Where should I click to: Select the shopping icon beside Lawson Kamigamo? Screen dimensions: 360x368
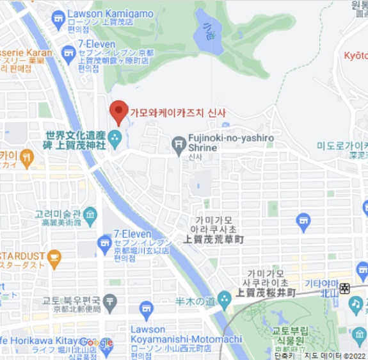(59, 17)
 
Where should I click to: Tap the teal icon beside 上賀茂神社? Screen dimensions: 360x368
(115, 136)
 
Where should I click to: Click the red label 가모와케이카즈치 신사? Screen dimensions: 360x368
(178, 113)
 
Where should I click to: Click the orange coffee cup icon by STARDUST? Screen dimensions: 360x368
(54, 259)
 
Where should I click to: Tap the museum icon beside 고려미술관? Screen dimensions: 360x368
(90, 215)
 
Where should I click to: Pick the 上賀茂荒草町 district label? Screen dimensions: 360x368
(214, 239)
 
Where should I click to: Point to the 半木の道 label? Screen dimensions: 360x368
(195, 301)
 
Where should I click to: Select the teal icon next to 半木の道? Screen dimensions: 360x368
(224, 299)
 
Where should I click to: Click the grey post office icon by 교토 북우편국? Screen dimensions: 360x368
(110, 301)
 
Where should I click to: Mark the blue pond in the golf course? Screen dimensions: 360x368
(209, 32)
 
